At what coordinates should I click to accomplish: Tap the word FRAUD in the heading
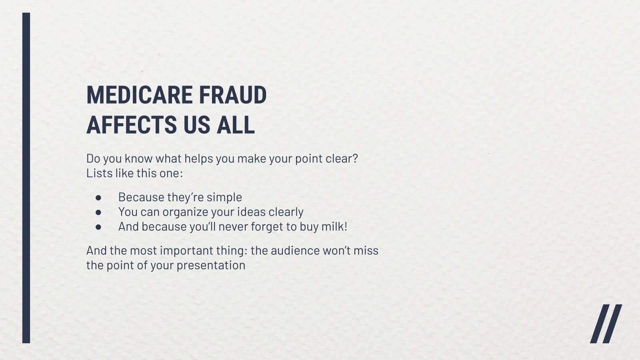[x=233, y=95]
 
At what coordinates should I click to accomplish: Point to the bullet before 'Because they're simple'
[x=98, y=198]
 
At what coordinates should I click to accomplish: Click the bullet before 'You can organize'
[x=98, y=212]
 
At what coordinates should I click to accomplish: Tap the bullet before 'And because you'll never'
[x=98, y=227]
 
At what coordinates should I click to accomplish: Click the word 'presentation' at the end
[x=211, y=266]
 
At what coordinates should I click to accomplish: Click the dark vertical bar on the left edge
[x=26, y=178]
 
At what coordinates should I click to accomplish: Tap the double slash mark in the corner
[x=606, y=324]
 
